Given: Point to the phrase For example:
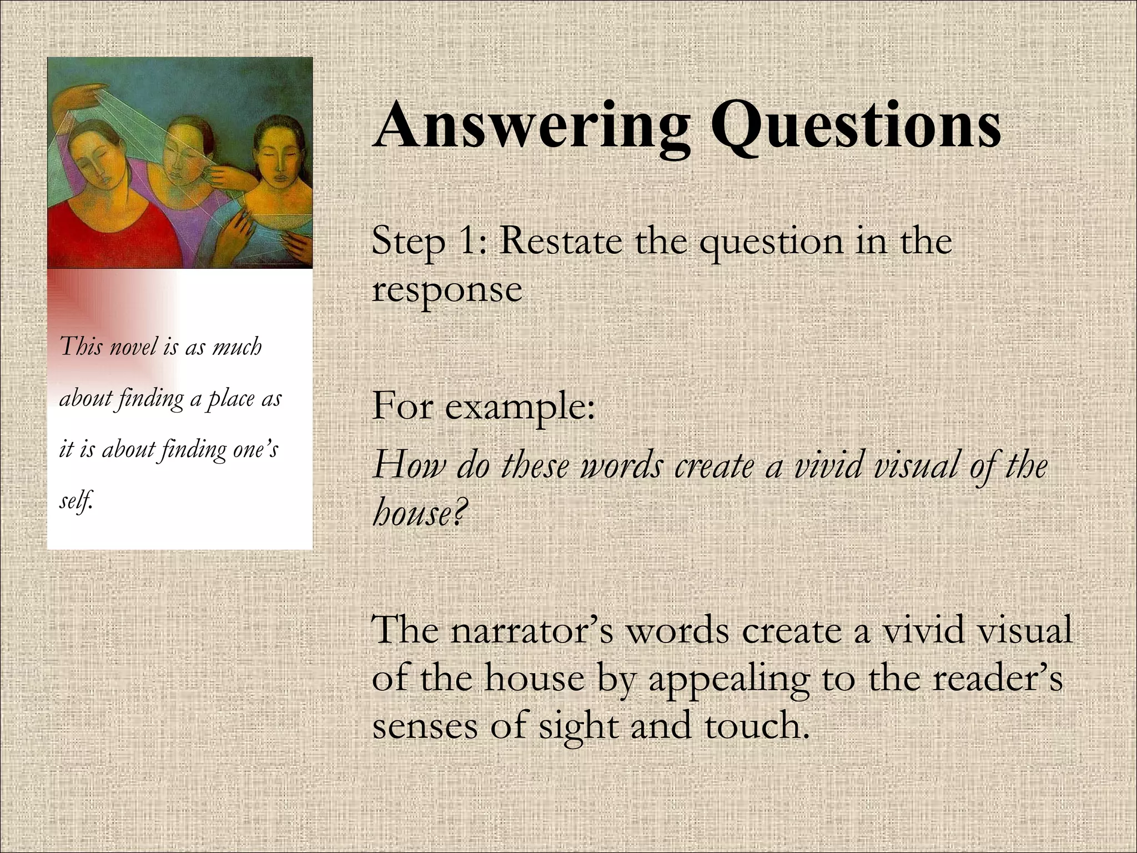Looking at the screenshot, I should pos(484,405).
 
